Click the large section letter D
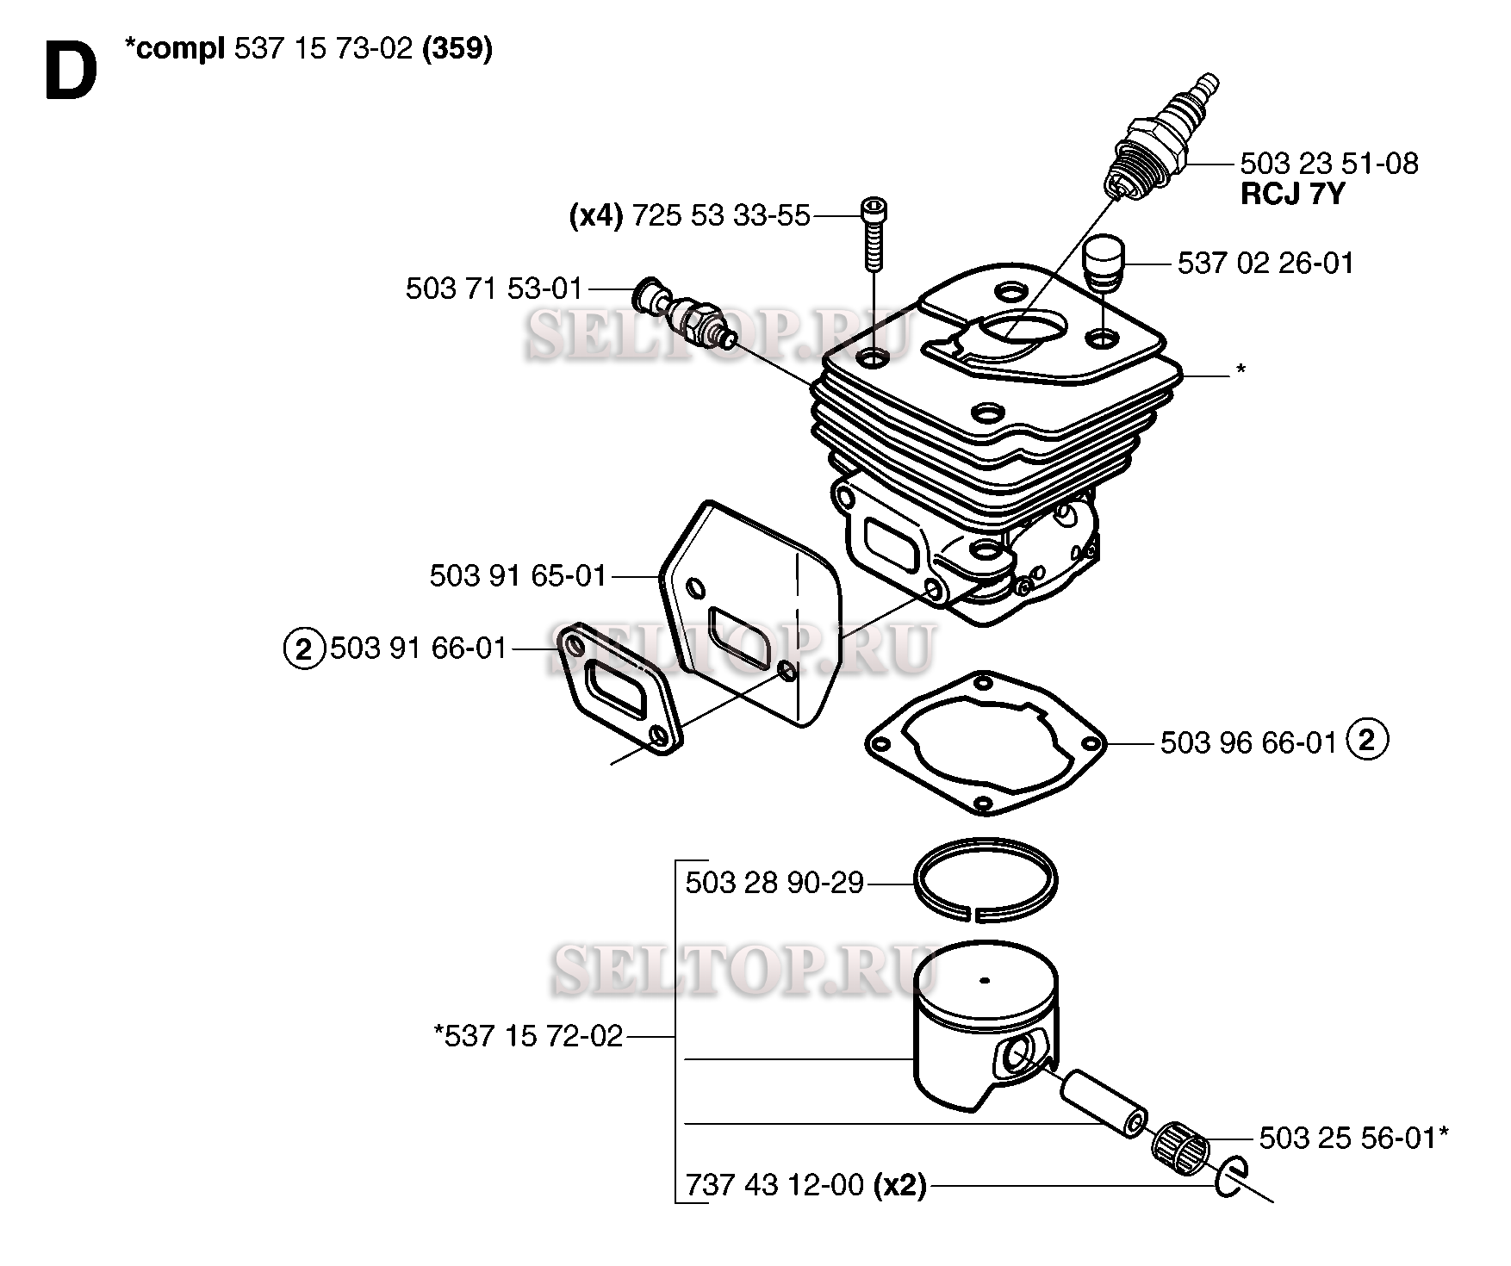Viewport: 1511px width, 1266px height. (71, 72)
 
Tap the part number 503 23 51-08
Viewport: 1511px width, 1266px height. (1328, 164)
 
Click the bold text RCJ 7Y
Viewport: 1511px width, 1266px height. (1292, 195)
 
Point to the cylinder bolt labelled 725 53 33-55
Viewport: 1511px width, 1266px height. (874, 235)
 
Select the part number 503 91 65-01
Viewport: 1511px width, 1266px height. (519, 576)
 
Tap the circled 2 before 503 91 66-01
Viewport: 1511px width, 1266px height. (303, 648)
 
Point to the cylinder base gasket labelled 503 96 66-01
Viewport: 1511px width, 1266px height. (986, 742)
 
